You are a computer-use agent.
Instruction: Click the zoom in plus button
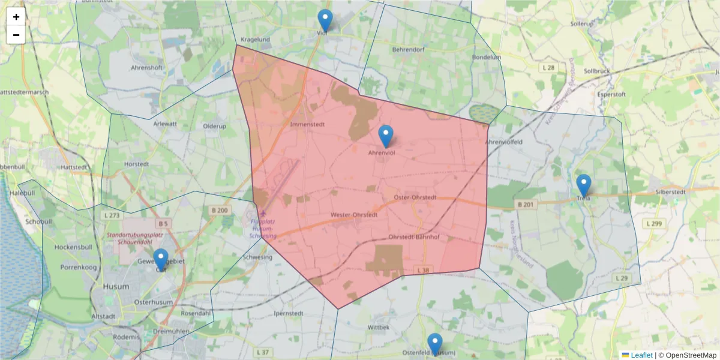point(16,17)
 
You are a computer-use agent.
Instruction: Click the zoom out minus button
point(16,35)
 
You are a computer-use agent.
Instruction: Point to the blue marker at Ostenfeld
point(435,345)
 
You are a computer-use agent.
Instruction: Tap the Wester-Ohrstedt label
point(354,215)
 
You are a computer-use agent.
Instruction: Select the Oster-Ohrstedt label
point(415,197)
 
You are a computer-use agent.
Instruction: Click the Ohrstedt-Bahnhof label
point(414,237)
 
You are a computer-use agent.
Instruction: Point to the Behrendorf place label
point(408,49)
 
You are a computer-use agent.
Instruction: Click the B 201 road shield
point(525,205)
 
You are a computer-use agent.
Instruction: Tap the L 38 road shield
point(424,271)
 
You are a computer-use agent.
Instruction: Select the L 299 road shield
point(654,223)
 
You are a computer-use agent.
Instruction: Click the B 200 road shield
point(220,210)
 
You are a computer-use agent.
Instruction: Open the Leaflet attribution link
point(641,355)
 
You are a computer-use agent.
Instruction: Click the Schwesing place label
point(257,257)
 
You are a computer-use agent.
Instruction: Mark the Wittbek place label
point(379,328)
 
